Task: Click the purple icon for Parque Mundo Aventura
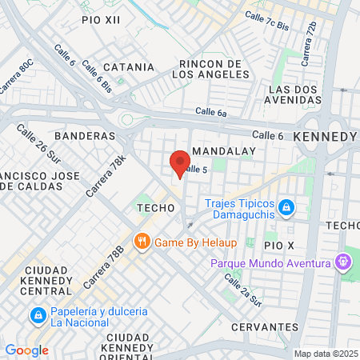point(342,261)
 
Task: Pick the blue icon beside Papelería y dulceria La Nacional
point(36,316)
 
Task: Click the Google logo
point(26,350)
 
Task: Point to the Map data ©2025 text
point(326,354)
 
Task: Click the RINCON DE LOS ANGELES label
point(210,69)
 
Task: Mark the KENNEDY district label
point(324,137)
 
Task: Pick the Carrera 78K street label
point(112,171)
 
